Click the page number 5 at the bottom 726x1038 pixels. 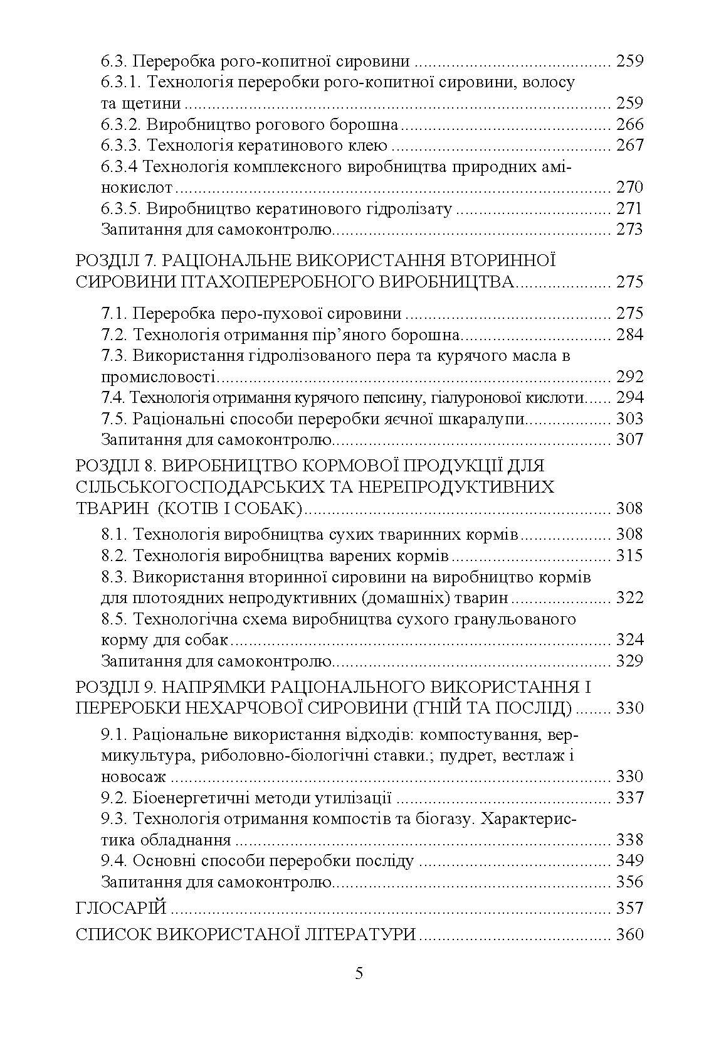359,973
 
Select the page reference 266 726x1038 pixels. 630,124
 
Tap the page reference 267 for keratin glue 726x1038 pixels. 630,146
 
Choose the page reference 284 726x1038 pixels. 630,334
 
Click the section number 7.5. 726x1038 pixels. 115,419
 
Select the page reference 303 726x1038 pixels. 630,419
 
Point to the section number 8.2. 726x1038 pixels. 115,555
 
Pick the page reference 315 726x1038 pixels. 630,555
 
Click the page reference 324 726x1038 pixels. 630,640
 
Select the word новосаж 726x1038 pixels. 134,777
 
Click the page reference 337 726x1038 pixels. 630,798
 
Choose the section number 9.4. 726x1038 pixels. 115,860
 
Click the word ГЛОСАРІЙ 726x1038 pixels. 121,908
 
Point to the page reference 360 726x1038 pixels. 630,934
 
